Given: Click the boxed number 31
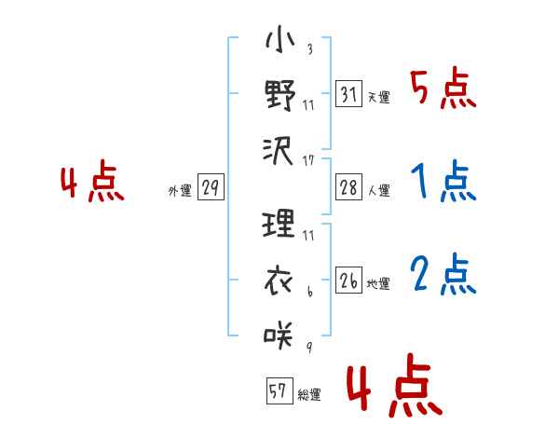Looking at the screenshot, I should click(348, 94).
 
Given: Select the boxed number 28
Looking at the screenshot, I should click(348, 187).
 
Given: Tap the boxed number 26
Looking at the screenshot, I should click(348, 281).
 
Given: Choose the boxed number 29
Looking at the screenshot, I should click(210, 187).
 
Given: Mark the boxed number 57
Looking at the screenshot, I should click(278, 390).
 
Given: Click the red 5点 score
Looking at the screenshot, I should click(443, 89).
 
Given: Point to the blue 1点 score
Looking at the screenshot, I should click(443, 182).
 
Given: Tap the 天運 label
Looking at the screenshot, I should click(378, 97).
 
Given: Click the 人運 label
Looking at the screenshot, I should click(378, 190).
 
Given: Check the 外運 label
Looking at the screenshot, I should click(179, 190).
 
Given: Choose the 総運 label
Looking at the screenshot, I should click(308, 394).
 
